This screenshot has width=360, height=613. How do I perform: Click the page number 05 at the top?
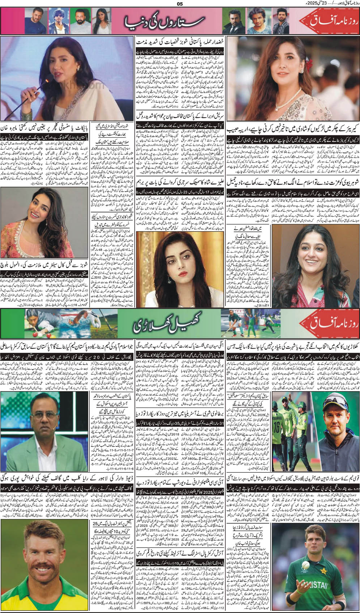180,4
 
